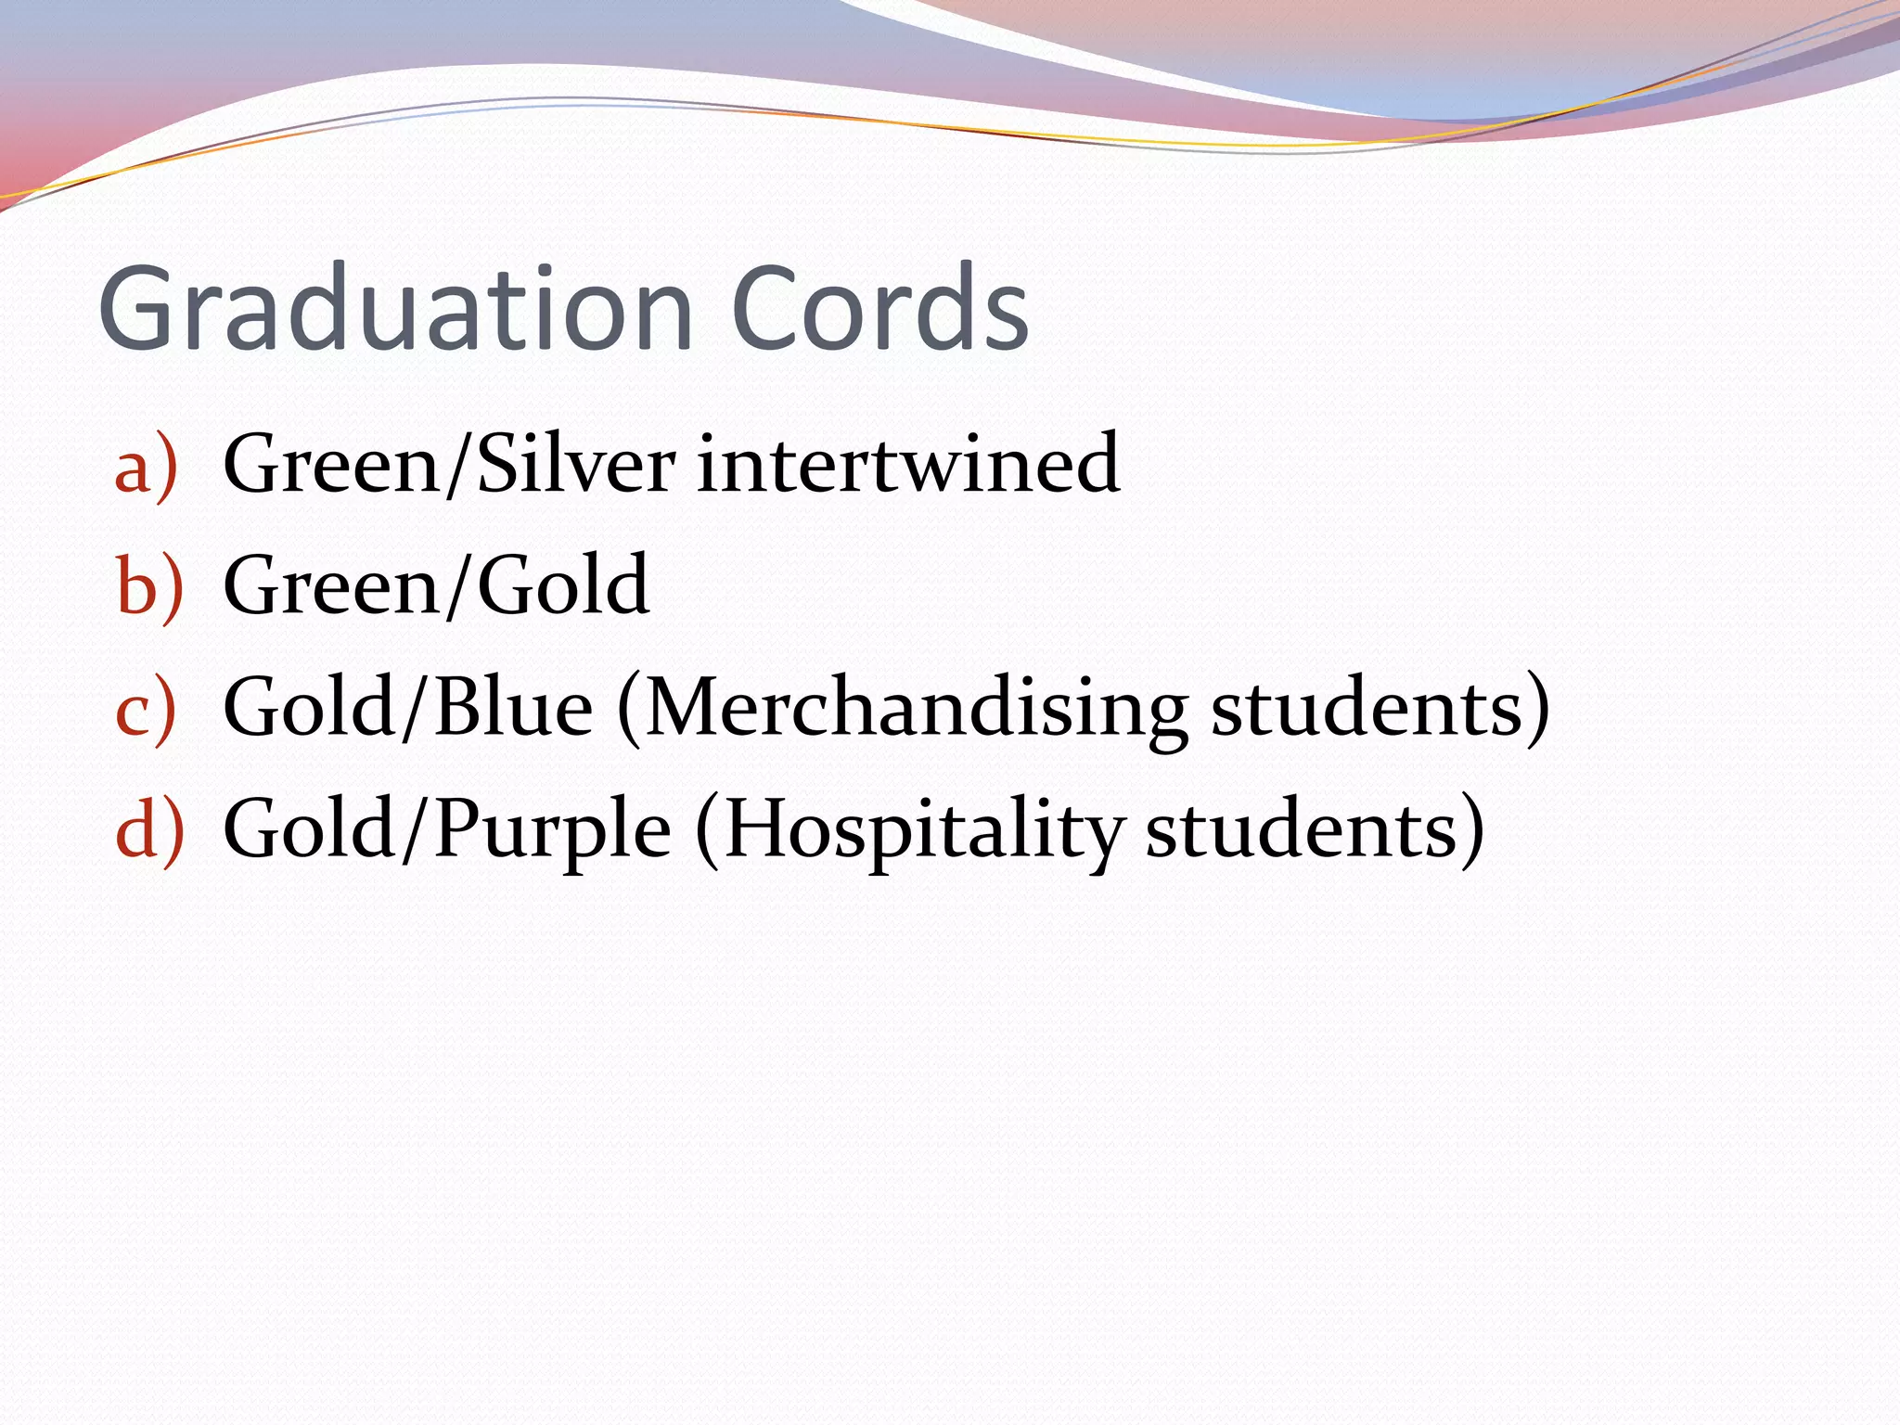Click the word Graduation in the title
(x=395, y=308)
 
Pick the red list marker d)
(x=149, y=828)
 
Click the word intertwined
(x=907, y=464)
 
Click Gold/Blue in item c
(x=408, y=708)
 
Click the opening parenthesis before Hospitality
(x=707, y=830)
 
